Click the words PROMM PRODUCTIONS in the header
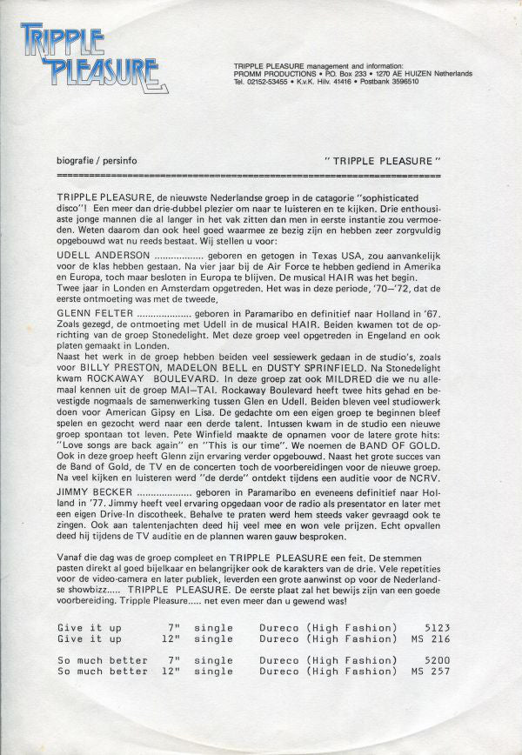point(274,74)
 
